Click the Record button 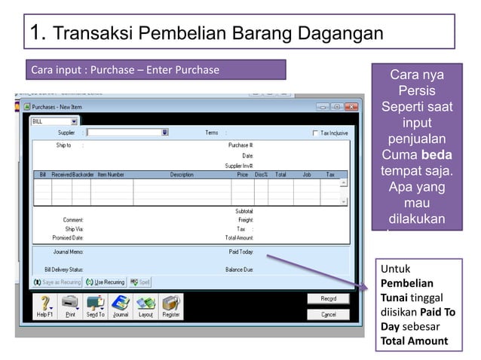point(329,299)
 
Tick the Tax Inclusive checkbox point(315,133)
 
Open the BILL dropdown point(74,121)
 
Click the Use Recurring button point(106,282)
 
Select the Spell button point(141,282)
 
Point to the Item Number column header point(111,174)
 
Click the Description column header point(182,174)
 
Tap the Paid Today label point(240,252)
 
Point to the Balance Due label point(239,269)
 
